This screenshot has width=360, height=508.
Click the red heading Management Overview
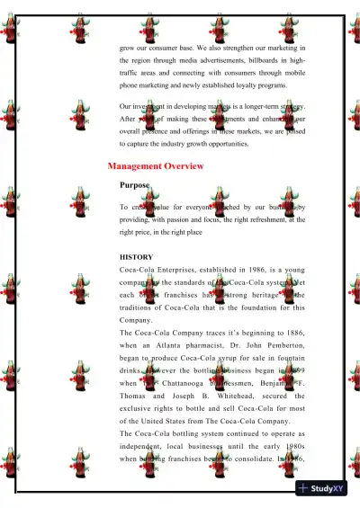pos(155,166)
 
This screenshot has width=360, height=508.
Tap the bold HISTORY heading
pos(137,257)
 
